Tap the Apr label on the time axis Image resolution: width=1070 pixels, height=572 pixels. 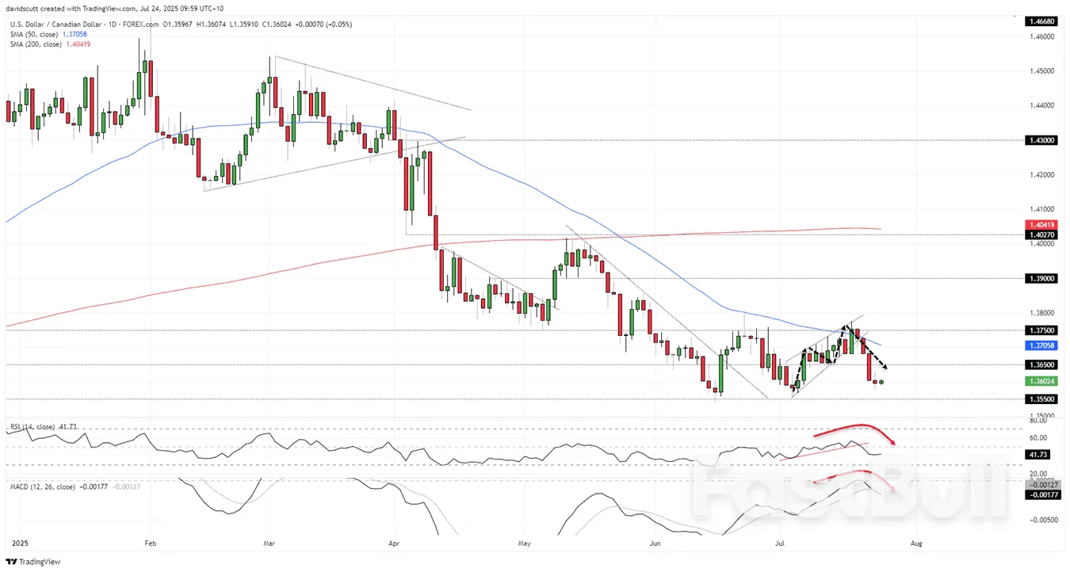[394, 544]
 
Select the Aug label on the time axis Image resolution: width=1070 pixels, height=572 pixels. [917, 544]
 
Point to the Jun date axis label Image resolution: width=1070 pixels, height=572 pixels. [655, 544]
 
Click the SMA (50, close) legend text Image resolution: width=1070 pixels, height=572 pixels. [32, 34]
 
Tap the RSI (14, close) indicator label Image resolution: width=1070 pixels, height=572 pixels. [32, 427]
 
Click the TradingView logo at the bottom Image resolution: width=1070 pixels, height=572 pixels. [31, 562]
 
